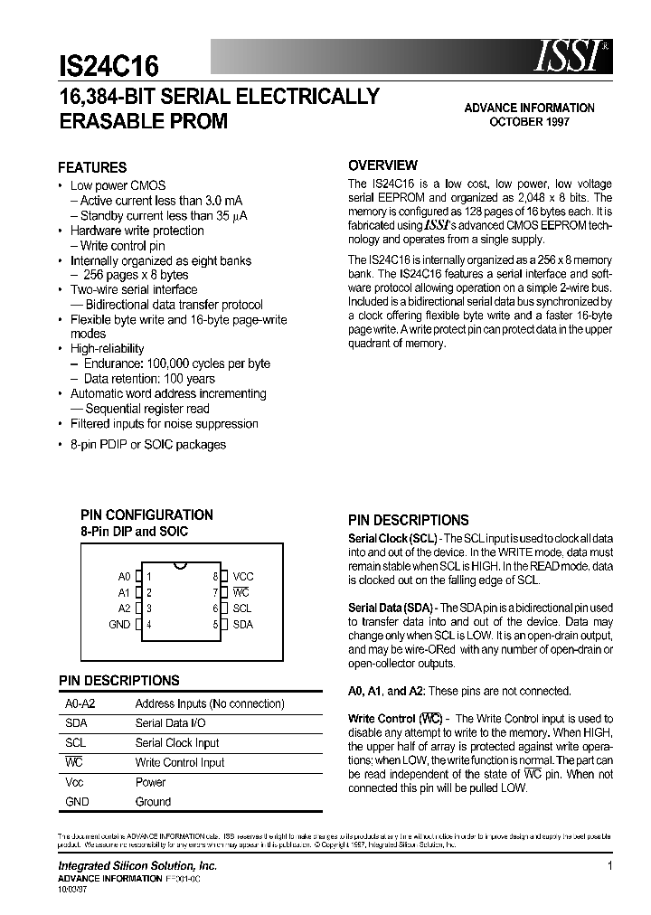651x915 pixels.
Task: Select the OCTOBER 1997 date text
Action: pos(529,122)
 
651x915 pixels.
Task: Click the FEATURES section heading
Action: pos(92,167)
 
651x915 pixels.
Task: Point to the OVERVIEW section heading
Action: pos(382,165)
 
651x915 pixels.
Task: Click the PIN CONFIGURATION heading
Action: pos(146,514)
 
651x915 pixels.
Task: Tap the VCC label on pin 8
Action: pos(243,576)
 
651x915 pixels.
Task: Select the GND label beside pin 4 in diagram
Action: pos(119,625)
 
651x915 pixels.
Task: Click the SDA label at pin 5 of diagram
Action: pos(242,625)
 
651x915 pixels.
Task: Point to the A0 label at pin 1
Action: pos(124,576)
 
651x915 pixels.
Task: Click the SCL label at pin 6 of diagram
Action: pos(241,608)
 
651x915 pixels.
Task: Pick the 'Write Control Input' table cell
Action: pos(179,762)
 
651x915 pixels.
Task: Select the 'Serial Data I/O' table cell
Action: pos(170,722)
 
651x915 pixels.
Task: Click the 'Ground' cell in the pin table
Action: pos(153,801)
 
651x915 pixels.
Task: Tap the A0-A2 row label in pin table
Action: pos(80,703)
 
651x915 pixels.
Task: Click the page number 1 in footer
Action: pos(610,866)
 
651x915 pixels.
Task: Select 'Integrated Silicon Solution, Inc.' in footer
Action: pos(137,866)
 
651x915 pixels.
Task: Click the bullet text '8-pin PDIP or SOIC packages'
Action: pos(148,444)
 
